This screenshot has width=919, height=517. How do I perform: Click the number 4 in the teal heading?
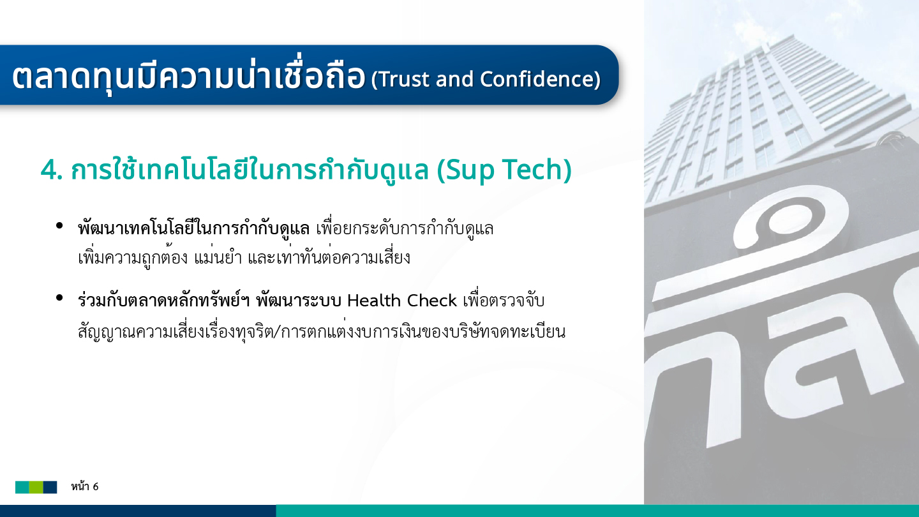(49, 170)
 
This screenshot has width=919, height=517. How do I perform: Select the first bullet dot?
(59, 225)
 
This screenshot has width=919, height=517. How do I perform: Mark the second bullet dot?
(59, 297)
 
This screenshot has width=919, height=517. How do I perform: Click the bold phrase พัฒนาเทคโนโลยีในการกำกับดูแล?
(193, 228)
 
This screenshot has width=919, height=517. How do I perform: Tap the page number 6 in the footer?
(96, 486)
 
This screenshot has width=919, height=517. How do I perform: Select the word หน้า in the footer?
(80, 486)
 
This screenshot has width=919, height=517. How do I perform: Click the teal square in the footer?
(22, 487)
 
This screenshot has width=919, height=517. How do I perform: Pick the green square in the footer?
(36, 487)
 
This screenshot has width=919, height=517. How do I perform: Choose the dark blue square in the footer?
(50, 487)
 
